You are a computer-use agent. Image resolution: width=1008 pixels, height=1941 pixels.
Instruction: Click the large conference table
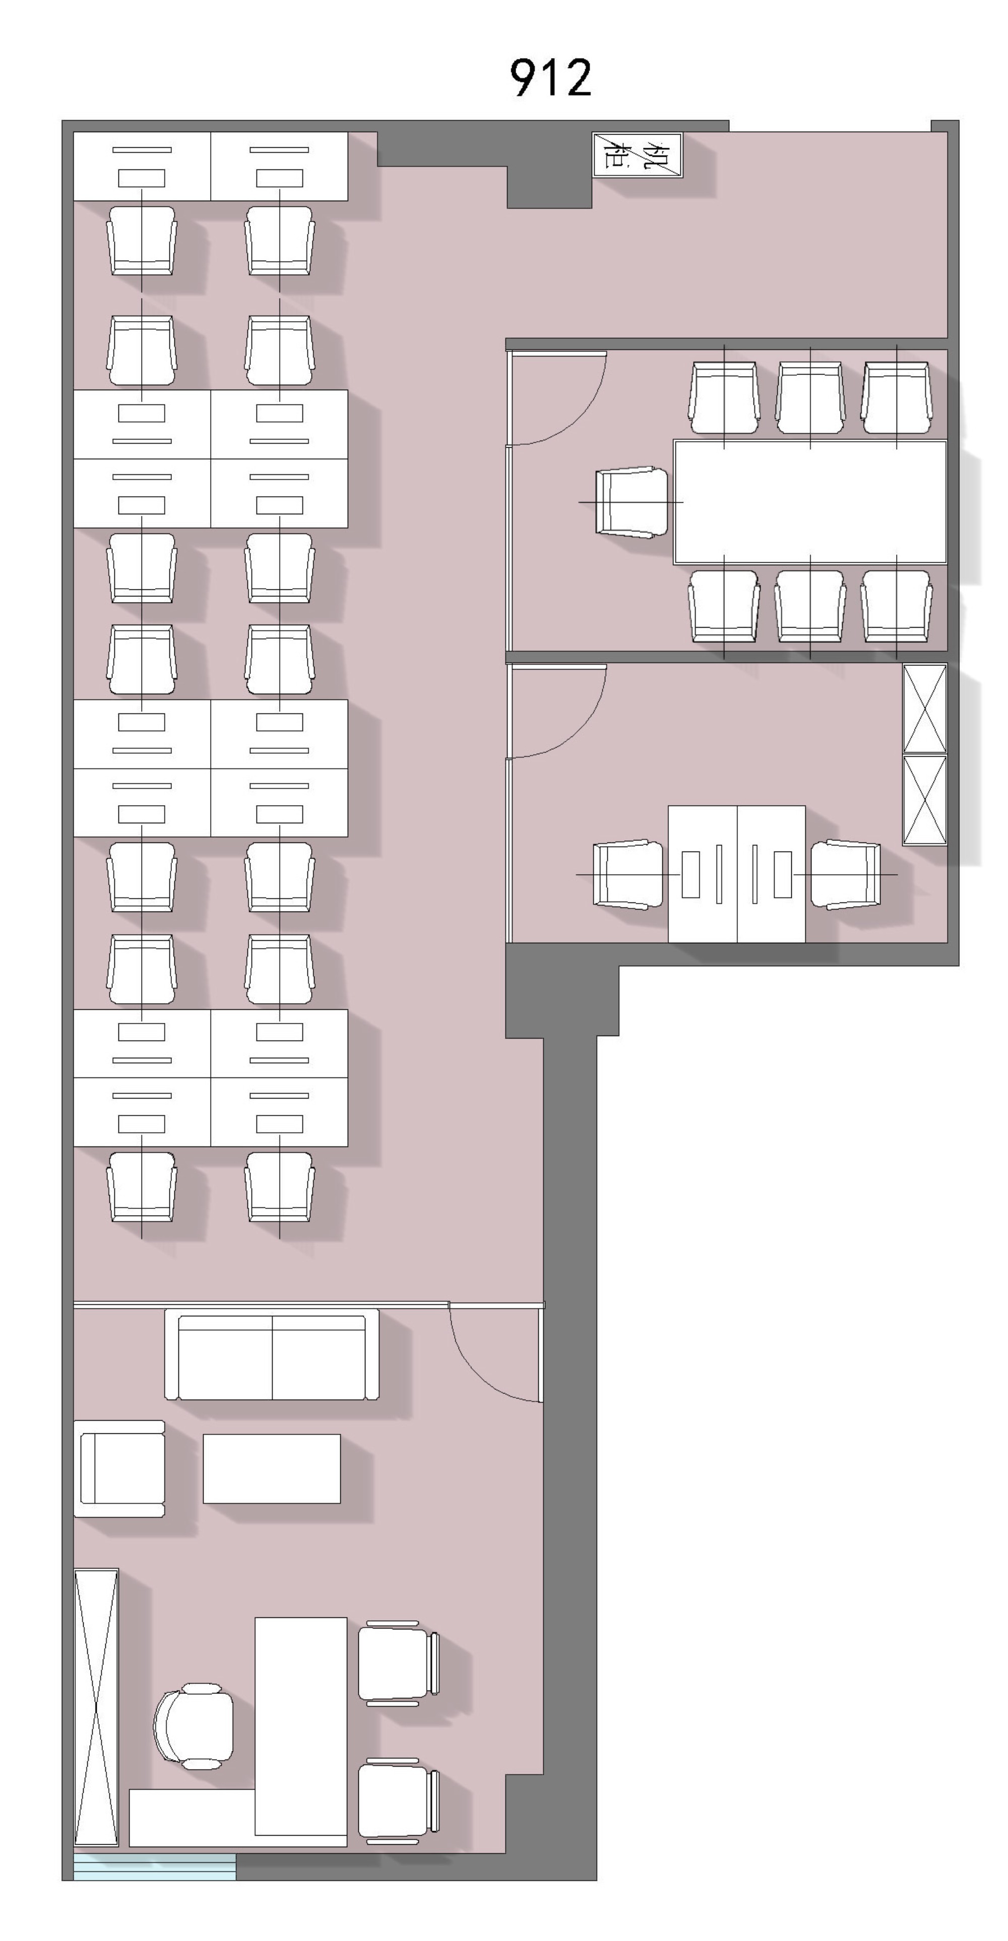coord(810,502)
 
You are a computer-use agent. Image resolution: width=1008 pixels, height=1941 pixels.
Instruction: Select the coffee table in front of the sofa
coord(271,1469)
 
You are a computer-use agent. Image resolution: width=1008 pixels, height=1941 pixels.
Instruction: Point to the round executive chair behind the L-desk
coord(194,1726)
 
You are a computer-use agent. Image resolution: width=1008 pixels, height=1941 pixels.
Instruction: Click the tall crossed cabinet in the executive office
coord(96,1707)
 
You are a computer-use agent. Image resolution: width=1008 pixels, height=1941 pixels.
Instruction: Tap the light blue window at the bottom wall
coord(154,1866)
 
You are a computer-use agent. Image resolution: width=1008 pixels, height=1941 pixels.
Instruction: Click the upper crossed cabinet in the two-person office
coord(924,708)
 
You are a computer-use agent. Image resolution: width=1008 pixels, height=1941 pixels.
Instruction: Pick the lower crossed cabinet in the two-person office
coord(924,800)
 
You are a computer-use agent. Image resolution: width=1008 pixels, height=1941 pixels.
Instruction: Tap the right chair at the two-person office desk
coord(845,874)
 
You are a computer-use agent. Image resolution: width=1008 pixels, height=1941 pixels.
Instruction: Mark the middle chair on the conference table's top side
coord(810,398)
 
